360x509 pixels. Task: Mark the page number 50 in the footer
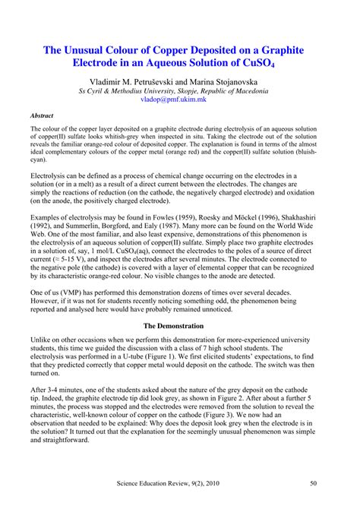point(325,482)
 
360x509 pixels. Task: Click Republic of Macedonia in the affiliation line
point(231,90)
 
